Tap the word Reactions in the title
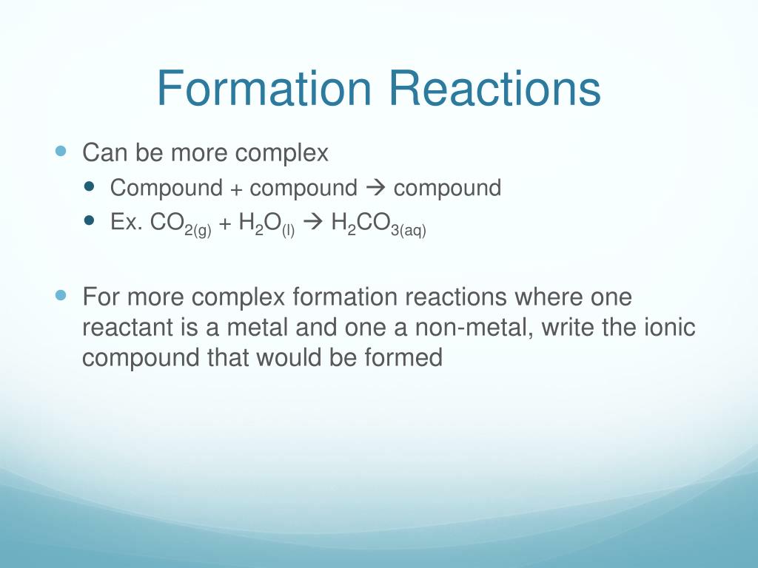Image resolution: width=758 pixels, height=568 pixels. pos(495,88)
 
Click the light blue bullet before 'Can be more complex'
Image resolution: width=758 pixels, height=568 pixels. pos(61,150)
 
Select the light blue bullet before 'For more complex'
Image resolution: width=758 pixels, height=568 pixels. pos(61,294)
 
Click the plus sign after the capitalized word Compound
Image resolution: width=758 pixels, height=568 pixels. pos(235,189)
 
